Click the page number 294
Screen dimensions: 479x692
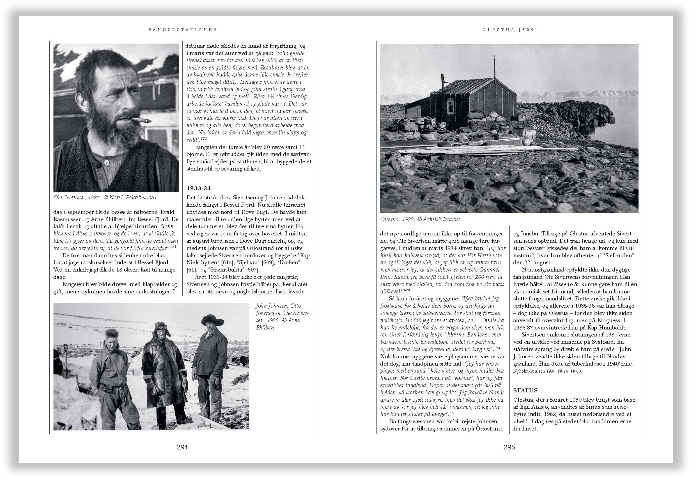(182, 447)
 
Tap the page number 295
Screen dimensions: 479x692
(509, 447)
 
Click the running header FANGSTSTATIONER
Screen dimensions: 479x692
(183, 30)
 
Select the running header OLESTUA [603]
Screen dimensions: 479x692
(509, 30)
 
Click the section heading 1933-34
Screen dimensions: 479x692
(199, 188)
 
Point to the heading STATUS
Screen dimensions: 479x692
(525, 390)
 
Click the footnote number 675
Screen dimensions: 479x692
(452, 413)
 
